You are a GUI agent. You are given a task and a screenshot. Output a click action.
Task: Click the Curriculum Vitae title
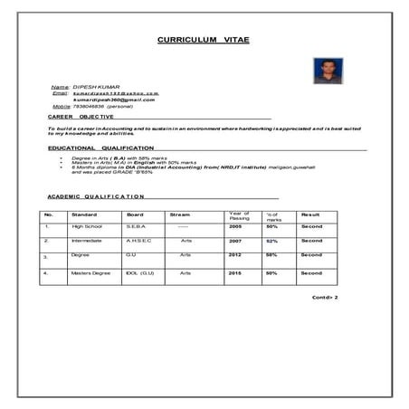(200, 42)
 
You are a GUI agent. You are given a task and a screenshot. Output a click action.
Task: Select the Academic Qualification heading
(95, 196)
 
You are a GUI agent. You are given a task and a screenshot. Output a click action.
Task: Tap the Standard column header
(84, 214)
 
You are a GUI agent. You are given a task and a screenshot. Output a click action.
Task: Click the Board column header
(135, 214)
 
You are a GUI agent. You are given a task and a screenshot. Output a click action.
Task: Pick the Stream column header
(180, 214)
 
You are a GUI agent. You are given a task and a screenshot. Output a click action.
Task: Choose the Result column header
(311, 214)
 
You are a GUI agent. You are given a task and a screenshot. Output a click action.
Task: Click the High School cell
(89, 225)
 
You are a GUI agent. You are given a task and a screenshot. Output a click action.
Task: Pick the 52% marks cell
(271, 241)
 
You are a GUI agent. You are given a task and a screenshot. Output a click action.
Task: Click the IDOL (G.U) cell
(140, 272)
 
